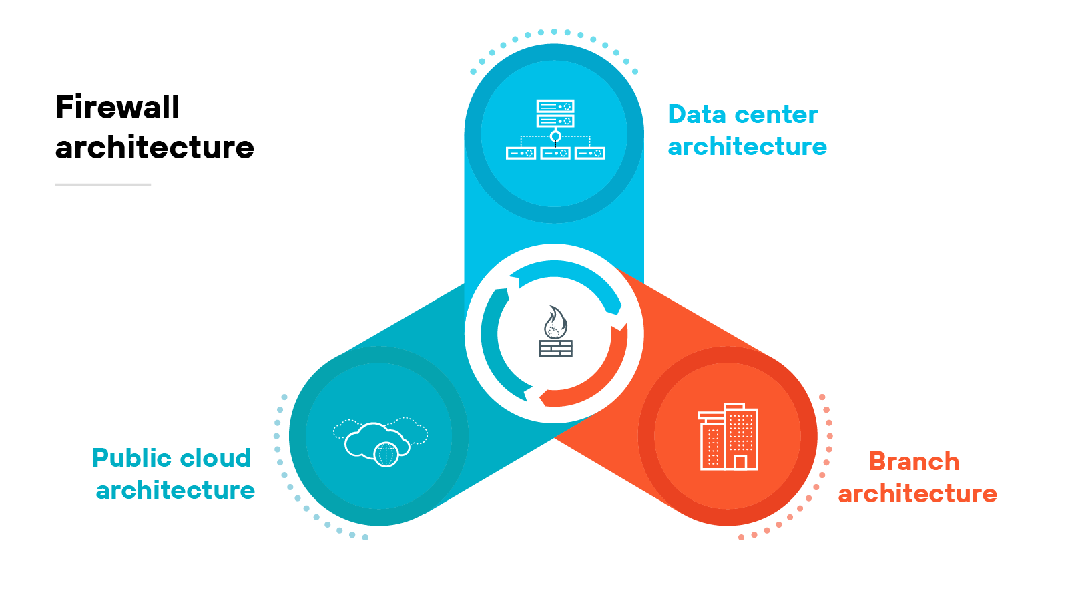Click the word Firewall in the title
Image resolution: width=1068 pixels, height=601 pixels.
(x=117, y=108)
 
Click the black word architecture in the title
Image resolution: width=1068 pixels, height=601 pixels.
(x=155, y=148)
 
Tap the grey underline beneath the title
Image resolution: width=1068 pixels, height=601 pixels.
(x=103, y=184)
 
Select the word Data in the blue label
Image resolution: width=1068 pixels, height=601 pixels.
(x=697, y=115)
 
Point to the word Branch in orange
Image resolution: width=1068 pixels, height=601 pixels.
(x=914, y=461)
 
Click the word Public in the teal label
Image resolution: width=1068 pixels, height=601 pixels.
(x=131, y=459)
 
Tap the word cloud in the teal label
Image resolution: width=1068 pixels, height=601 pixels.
(x=216, y=458)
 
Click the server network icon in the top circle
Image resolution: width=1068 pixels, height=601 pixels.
(x=555, y=130)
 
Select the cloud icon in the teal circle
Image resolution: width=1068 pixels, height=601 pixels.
(x=378, y=440)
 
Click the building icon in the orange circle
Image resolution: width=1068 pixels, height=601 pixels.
(x=728, y=437)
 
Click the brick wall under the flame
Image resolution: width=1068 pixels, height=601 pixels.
(x=555, y=348)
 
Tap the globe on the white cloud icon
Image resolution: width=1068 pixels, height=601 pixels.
(x=386, y=454)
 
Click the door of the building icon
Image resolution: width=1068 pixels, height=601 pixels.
(x=740, y=461)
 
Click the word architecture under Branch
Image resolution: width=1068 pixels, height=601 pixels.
(x=917, y=494)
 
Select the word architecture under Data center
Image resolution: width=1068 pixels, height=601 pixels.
(x=747, y=147)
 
